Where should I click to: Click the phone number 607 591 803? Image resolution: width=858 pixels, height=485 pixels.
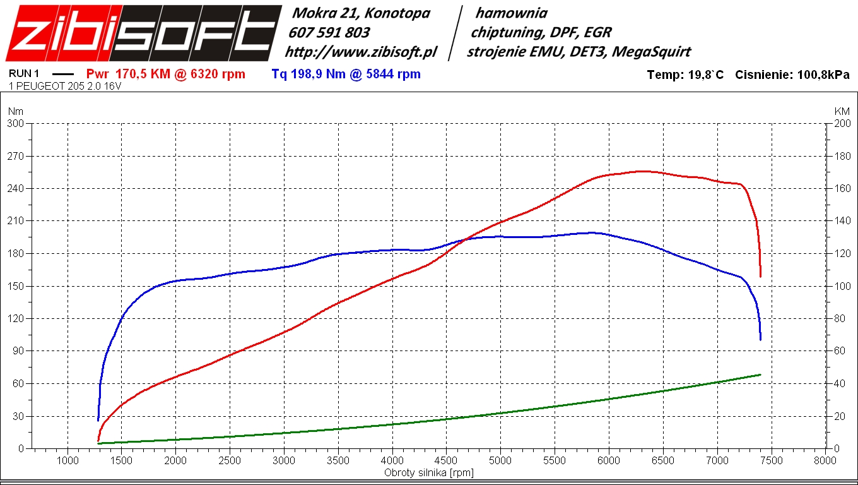click(329, 32)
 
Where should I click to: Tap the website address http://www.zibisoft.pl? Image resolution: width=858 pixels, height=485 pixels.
click(361, 52)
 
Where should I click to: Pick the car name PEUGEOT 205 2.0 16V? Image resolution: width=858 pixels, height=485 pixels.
click(69, 86)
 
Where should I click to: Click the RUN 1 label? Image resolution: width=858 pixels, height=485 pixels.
click(24, 73)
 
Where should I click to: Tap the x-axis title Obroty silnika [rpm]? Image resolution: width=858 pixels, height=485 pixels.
click(428, 472)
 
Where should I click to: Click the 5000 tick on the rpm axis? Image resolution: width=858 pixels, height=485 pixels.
click(500, 460)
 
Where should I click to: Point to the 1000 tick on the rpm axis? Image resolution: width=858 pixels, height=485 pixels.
click(68, 460)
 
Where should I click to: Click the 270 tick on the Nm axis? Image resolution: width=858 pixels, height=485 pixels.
click(15, 156)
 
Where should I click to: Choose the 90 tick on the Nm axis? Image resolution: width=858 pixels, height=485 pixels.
click(18, 350)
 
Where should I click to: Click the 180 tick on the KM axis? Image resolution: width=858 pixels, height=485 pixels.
click(842, 156)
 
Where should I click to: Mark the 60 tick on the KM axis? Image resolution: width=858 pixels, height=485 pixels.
click(840, 350)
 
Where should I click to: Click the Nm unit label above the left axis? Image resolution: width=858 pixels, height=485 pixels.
click(15, 111)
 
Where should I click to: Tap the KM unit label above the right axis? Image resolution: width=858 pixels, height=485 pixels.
click(842, 111)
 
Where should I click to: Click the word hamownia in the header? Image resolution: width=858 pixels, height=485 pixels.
click(511, 13)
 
